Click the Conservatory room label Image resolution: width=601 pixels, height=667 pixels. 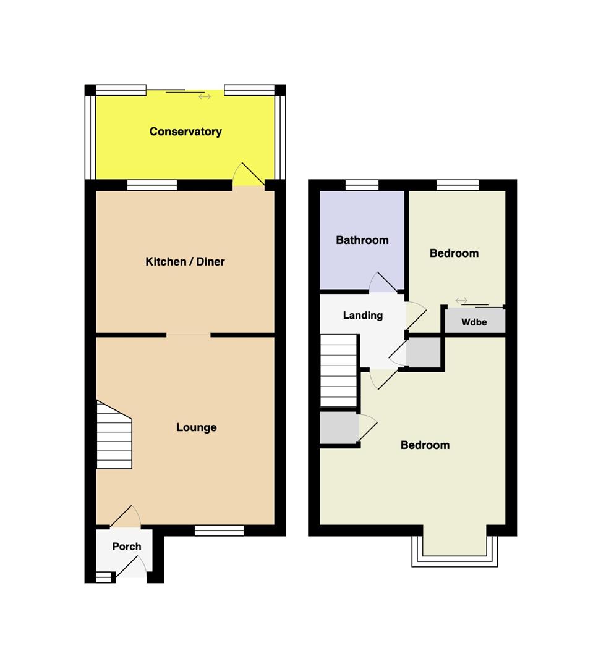pyautogui.click(x=185, y=132)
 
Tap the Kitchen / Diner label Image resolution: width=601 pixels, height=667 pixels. pyautogui.click(x=185, y=261)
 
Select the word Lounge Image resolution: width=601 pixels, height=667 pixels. pyautogui.click(x=197, y=427)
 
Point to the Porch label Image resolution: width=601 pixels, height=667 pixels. pyautogui.click(x=127, y=546)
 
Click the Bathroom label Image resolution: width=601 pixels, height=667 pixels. pyautogui.click(x=362, y=240)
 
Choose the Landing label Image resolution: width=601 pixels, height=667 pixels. pyautogui.click(x=363, y=315)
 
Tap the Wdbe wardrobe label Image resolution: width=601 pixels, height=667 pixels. pyautogui.click(x=474, y=322)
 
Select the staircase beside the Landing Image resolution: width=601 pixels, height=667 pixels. pyautogui.click(x=338, y=370)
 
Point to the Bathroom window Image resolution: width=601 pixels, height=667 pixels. pyautogui.click(x=362, y=185)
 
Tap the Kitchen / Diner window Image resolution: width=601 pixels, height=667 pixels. pyautogui.click(x=152, y=185)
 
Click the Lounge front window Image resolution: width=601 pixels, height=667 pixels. pyautogui.click(x=220, y=530)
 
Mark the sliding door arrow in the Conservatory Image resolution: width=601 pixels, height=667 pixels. pyautogui.click(x=205, y=97)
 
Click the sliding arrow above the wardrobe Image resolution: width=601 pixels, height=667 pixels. pyautogui.click(x=461, y=300)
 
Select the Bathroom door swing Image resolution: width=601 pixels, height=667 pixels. pyautogui.click(x=383, y=282)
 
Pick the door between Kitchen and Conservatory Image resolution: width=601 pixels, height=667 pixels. pyautogui.click(x=249, y=175)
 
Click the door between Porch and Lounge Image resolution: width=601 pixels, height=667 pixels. pyautogui.click(x=126, y=516)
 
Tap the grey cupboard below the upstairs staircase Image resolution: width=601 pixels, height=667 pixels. pyautogui.click(x=339, y=427)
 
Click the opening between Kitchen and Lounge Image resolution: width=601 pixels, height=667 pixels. pyautogui.click(x=188, y=335)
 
